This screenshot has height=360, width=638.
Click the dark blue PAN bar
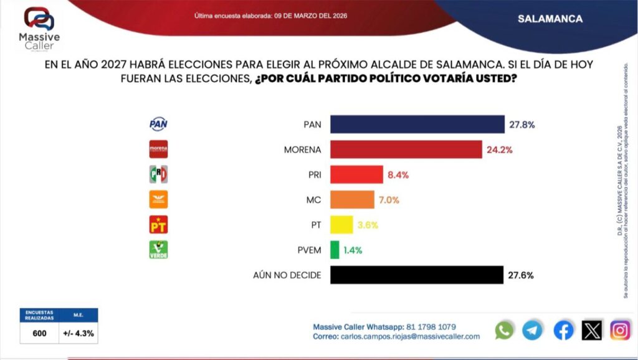(x=417, y=125)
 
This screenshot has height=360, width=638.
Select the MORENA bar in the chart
(x=406, y=149)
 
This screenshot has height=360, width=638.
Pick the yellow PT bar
(x=341, y=225)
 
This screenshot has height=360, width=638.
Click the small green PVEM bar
(x=335, y=250)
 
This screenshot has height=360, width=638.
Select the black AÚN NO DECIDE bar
(x=416, y=275)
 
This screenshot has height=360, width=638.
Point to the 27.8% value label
(x=522, y=125)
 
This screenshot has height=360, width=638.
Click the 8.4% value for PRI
(x=398, y=175)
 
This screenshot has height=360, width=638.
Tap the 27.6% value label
(x=521, y=275)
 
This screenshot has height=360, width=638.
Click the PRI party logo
(x=159, y=174)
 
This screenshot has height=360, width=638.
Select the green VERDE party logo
(x=159, y=250)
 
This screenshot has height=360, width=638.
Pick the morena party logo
(x=159, y=149)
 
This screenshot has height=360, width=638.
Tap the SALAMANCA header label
(x=550, y=19)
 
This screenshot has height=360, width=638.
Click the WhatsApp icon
(x=504, y=330)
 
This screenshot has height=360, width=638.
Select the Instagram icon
(x=620, y=330)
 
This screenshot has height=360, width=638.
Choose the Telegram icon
(x=533, y=330)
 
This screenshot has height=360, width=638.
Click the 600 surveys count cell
(x=40, y=333)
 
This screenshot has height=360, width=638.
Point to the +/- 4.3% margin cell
(x=79, y=333)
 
